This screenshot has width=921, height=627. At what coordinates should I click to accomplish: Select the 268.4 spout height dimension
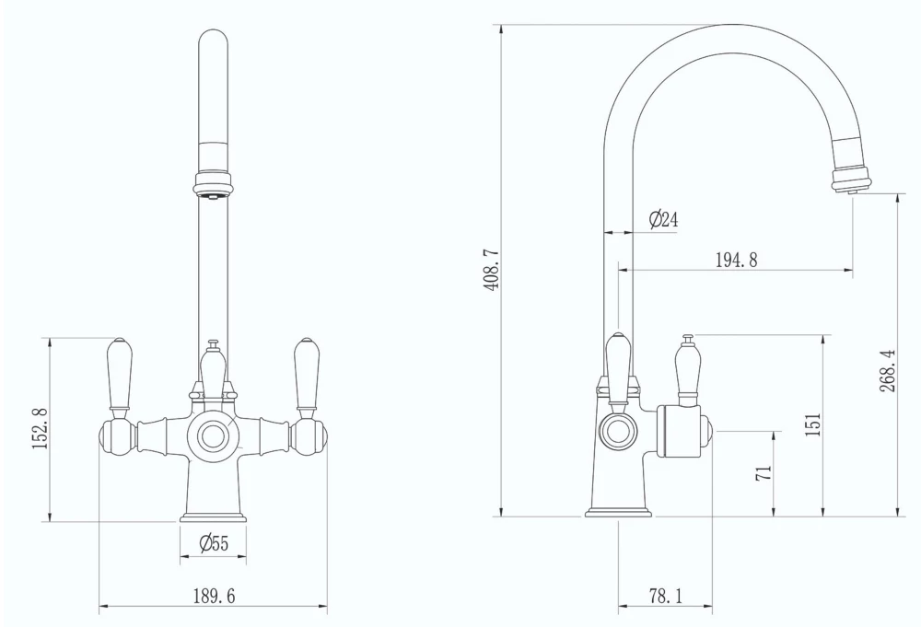coord(887,369)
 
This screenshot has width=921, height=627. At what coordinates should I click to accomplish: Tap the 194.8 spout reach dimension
coord(736,260)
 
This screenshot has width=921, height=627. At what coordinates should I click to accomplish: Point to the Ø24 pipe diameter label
coord(663,219)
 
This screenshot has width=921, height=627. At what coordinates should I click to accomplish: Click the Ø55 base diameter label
coord(214,544)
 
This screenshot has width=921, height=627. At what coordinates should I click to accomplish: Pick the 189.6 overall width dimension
coord(214,597)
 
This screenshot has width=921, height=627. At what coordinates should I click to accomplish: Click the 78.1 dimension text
coord(664,597)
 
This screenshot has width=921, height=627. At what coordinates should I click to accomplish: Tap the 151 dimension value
coord(812,424)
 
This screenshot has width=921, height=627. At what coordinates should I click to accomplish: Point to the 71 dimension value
coord(763,473)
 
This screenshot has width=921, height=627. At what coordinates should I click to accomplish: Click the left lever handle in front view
coord(120,374)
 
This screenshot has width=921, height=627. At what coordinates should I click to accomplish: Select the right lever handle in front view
coord(306,374)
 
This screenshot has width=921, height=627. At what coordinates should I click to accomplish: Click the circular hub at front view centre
coord(214,434)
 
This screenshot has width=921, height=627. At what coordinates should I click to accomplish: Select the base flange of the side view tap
coord(617,509)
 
